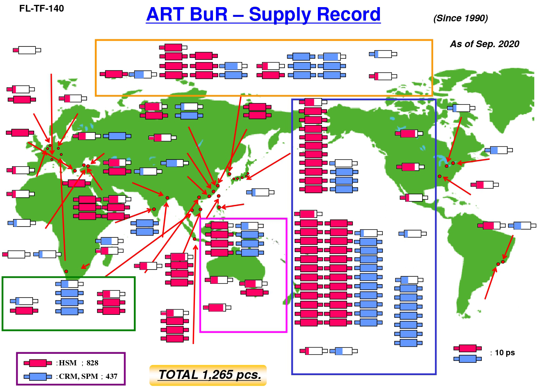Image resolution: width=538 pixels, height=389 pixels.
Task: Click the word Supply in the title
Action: pos(280,15)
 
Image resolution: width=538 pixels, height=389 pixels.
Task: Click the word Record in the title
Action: pos(349,14)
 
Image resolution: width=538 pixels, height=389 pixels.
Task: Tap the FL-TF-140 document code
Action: pos(42,8)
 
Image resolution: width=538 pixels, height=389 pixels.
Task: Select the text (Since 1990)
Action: pos(461,18)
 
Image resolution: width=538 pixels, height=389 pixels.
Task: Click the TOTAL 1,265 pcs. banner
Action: pos(208,375)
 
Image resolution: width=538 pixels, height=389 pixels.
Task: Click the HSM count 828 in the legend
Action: pos(93,363)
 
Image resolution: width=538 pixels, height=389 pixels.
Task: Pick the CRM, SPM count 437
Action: pos(111,376)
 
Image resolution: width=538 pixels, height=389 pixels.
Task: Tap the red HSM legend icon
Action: pos(38,363)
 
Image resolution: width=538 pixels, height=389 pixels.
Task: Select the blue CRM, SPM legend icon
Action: pos(38,377)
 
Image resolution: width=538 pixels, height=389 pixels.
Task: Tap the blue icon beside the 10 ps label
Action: pos(468,359)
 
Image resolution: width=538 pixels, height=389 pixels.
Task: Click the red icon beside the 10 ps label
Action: pos(468,348)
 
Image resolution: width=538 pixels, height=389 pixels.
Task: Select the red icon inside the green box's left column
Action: pos(24,311)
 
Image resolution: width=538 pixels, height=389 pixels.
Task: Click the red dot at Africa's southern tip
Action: pos(66,271)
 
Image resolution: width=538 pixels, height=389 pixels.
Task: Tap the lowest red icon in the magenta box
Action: pos(217,307)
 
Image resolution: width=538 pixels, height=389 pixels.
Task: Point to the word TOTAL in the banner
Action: pos(178,375)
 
